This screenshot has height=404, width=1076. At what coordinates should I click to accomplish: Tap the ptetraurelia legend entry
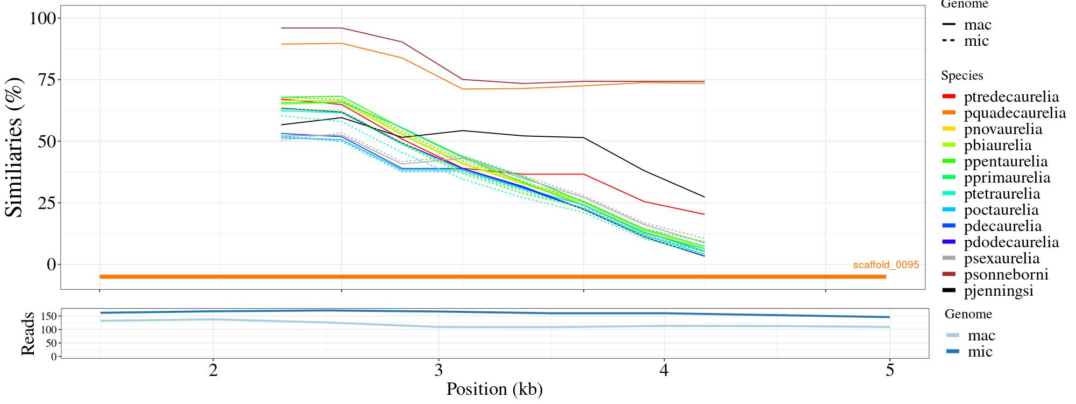coord(1002,194)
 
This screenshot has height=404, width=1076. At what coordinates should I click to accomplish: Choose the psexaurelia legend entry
coord(1002,259)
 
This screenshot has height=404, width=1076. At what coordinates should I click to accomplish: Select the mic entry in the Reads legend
coord(980,352)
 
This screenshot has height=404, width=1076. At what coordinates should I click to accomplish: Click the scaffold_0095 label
coord(886,265)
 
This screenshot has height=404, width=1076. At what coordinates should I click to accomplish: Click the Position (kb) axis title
coord(494,389)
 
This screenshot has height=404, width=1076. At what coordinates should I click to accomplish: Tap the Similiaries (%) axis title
coord(15,147)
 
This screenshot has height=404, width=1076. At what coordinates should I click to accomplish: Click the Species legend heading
coord(962,76)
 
